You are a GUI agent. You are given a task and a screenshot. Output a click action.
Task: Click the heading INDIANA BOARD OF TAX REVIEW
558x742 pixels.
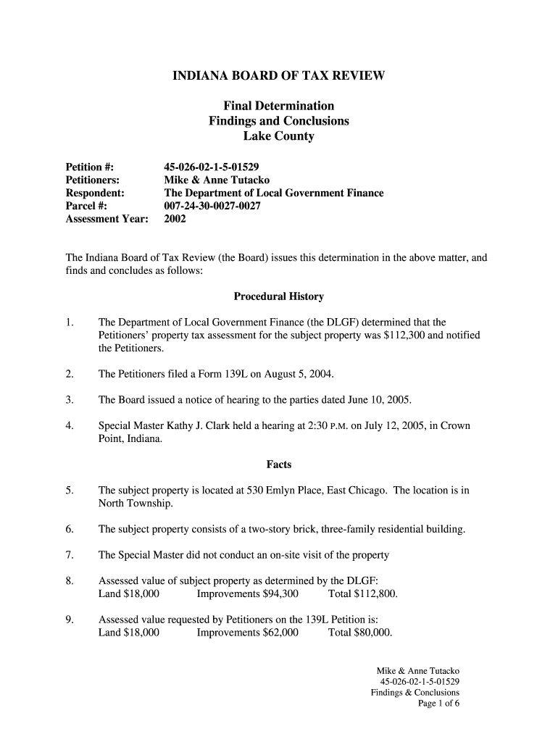pyautogui.click(x=278, y=75)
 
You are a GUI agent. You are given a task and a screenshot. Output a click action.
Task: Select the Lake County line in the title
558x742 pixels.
pyautogui.click(x=278, y=136)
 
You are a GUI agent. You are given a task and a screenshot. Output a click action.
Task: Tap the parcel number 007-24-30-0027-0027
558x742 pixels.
pyautogui.click(x=212, y=206)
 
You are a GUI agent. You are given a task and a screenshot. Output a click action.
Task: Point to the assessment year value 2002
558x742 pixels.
pyautogui.click(x=175, y=219)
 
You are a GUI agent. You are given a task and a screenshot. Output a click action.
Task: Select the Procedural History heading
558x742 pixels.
pyautogui.click(x=278, y=296)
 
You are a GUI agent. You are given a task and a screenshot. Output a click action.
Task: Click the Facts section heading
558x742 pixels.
pyautogui.click(x=278, y=464)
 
